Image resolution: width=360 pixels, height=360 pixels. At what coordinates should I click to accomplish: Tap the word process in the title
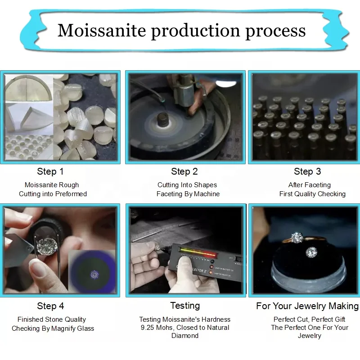pyautogui.click(x=275, y=31)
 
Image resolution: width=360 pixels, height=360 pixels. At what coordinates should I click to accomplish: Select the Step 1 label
pyautogui.click(x=50, y=171)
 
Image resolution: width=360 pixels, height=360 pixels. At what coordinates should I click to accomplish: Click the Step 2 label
pyautogui.click(x=184, y=171)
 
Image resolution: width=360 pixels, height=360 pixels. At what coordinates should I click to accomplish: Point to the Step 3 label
pyautogui.click(x=307, y=171)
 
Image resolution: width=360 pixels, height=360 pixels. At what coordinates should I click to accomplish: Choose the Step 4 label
pyautogui.click(x=50, y=306)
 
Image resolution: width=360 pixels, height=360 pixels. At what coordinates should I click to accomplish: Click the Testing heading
pyautogui.click(x=185, y=306)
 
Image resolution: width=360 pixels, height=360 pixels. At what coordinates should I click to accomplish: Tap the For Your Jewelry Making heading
pyautogui.click(x=307, y=306)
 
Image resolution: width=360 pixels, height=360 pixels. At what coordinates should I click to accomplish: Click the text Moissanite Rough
pyautogui.click(x=52, y=185)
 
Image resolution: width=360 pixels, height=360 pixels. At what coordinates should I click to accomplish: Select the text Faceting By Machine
pyautogui.click(x=188, y=194)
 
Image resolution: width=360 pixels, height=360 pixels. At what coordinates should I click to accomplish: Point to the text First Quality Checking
pyautogui.click(x=312, y=194)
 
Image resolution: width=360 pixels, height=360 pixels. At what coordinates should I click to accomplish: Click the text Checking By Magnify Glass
pyautogui.click(x=53, y=328)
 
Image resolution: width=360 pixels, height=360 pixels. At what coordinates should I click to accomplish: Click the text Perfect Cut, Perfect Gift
pyautogui.click(x=310, y=319)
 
